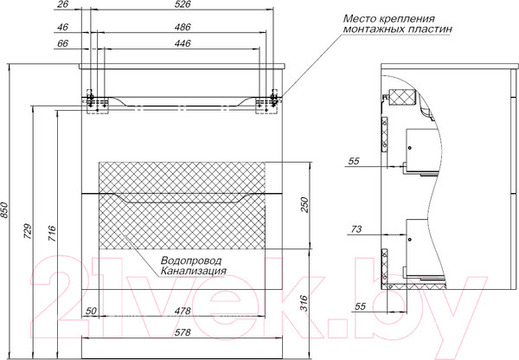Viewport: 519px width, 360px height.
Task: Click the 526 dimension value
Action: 183,6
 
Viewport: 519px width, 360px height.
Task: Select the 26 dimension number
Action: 61,6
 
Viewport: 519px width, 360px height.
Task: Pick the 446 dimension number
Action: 183,42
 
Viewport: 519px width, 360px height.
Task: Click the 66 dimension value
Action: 61,42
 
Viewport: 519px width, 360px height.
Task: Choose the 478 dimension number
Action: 183,310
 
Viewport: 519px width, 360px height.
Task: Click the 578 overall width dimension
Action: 183,331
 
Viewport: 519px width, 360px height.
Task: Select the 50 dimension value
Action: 92,310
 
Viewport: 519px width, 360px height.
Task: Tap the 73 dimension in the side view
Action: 356,228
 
